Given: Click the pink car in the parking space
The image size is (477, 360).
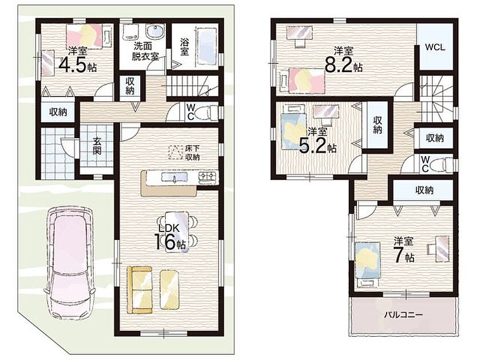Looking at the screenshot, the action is click(x=69, y=262).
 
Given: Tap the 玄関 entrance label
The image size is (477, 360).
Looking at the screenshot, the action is click(x=97, y=146).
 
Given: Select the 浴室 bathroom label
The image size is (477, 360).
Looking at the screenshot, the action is click(x=184, y=46).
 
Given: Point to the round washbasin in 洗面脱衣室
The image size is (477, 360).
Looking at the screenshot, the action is click(x=155, y=31).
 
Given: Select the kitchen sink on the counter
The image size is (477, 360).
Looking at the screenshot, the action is click(x=174, y=177).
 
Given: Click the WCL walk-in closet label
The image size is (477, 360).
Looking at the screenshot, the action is click(x=435, y=47).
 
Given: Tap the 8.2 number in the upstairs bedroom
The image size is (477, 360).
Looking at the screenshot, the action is click(x=339, y=65).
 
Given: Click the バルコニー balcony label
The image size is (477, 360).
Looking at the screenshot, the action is click(x=403, y=315).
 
